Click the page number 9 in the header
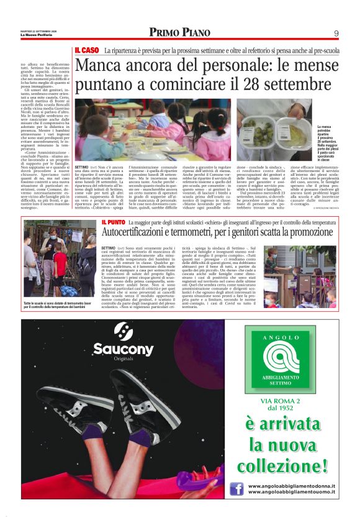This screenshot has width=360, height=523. click(336, 33)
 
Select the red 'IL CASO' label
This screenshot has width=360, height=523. click(87, 50)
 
